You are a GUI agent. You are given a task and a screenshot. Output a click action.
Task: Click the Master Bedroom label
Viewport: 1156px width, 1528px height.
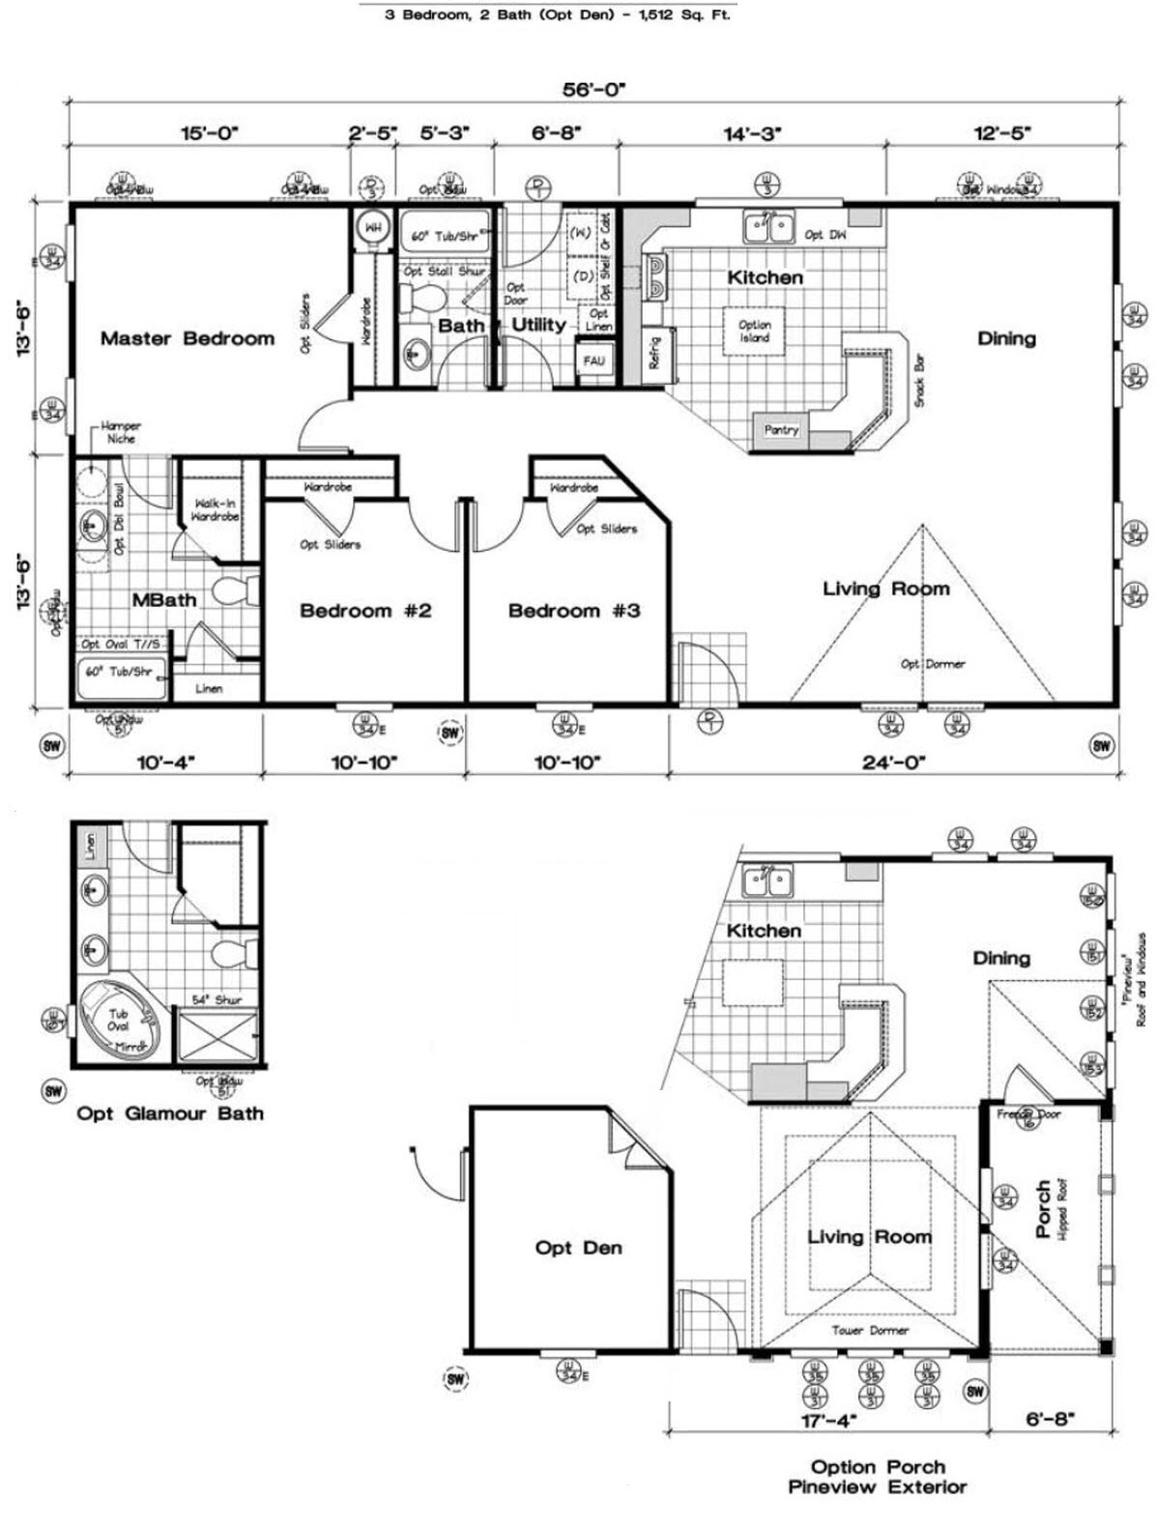tap(188, 338)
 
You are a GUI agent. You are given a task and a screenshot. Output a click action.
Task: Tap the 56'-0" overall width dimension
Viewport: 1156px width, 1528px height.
tap(594, 89)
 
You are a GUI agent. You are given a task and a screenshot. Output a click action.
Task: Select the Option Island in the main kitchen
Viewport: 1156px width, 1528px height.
tap(754, 332)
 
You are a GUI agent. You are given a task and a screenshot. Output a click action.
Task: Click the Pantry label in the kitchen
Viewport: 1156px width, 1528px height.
tap(781, 430)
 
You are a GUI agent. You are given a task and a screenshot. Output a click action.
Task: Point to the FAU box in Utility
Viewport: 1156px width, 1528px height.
tap(593, 360)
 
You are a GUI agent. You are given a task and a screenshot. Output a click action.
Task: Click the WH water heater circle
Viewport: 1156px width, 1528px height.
tap(372, 229)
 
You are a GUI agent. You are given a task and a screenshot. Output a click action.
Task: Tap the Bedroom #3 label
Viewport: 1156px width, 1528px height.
tap(574, 611)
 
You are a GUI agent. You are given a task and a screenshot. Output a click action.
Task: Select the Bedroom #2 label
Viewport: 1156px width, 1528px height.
tap(365, 611)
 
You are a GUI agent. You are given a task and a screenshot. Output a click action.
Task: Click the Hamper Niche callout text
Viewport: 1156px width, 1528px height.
tap(121, 432)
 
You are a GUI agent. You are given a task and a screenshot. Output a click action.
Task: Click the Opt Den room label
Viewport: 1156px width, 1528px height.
tap(578, 1248)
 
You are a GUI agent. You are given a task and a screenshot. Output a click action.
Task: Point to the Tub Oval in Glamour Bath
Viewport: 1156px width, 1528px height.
tap(118, 1021)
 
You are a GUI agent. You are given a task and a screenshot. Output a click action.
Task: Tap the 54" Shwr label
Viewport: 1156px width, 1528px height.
tap(217, 999)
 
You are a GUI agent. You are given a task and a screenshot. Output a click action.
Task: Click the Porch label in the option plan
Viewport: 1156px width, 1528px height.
tap(1043, 1208)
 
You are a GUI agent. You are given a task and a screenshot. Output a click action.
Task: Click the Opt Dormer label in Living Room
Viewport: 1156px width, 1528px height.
tap(933, 664)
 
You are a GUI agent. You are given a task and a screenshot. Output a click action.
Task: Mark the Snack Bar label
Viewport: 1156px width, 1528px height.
tap(919, 380)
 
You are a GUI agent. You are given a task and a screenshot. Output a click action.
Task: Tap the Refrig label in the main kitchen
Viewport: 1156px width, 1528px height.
tap(654, 353)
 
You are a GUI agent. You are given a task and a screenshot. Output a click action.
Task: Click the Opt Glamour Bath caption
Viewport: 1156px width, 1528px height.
tap(170, 1113)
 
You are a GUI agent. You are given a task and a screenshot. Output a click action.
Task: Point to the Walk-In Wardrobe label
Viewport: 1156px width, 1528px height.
tap(216, 509)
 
